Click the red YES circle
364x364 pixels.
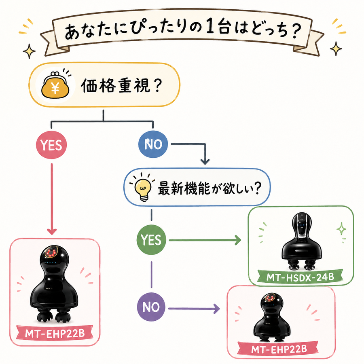coord(51,145)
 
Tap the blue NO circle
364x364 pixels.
coord(153,144)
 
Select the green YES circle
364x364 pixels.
coord(151,239)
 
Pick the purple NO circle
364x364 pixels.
coord(151,307)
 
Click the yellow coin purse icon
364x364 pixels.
coord(55,85)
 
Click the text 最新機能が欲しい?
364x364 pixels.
coord(210,188)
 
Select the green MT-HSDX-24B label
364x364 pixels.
coord(300,277)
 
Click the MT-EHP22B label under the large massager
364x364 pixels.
coord(55,334)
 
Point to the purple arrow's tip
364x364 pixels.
coord(219,309)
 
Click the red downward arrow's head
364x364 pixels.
coord(51,231)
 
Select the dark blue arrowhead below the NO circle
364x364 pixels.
coord(205,162)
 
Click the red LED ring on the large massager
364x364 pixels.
coord(51,252)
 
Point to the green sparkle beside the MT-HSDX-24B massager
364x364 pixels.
coord(341,229)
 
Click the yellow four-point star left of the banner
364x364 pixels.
coord(29,51)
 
